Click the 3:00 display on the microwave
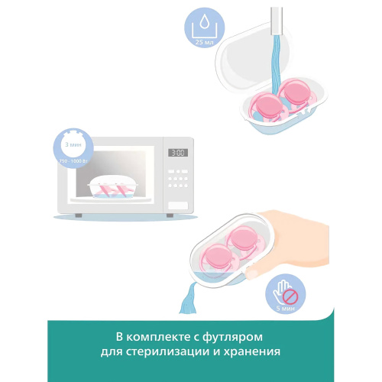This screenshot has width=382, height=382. (x=177, y=152)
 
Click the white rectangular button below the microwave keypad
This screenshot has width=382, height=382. (x=178, y=204)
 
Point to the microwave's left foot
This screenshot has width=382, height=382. (x=79, y=216)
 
